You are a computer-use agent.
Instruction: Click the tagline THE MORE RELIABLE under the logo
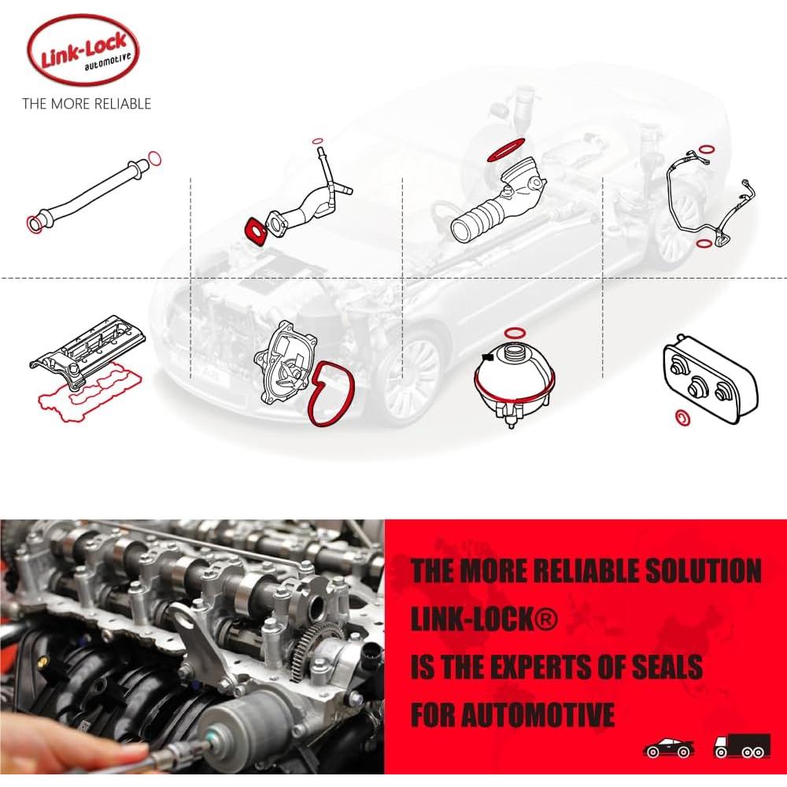86,103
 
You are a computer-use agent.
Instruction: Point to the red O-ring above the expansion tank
515,331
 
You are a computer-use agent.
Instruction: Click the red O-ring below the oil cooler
684,417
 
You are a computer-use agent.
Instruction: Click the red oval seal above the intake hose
507,148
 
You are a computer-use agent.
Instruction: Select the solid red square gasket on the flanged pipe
255,231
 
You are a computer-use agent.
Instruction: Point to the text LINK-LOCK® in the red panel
484,619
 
